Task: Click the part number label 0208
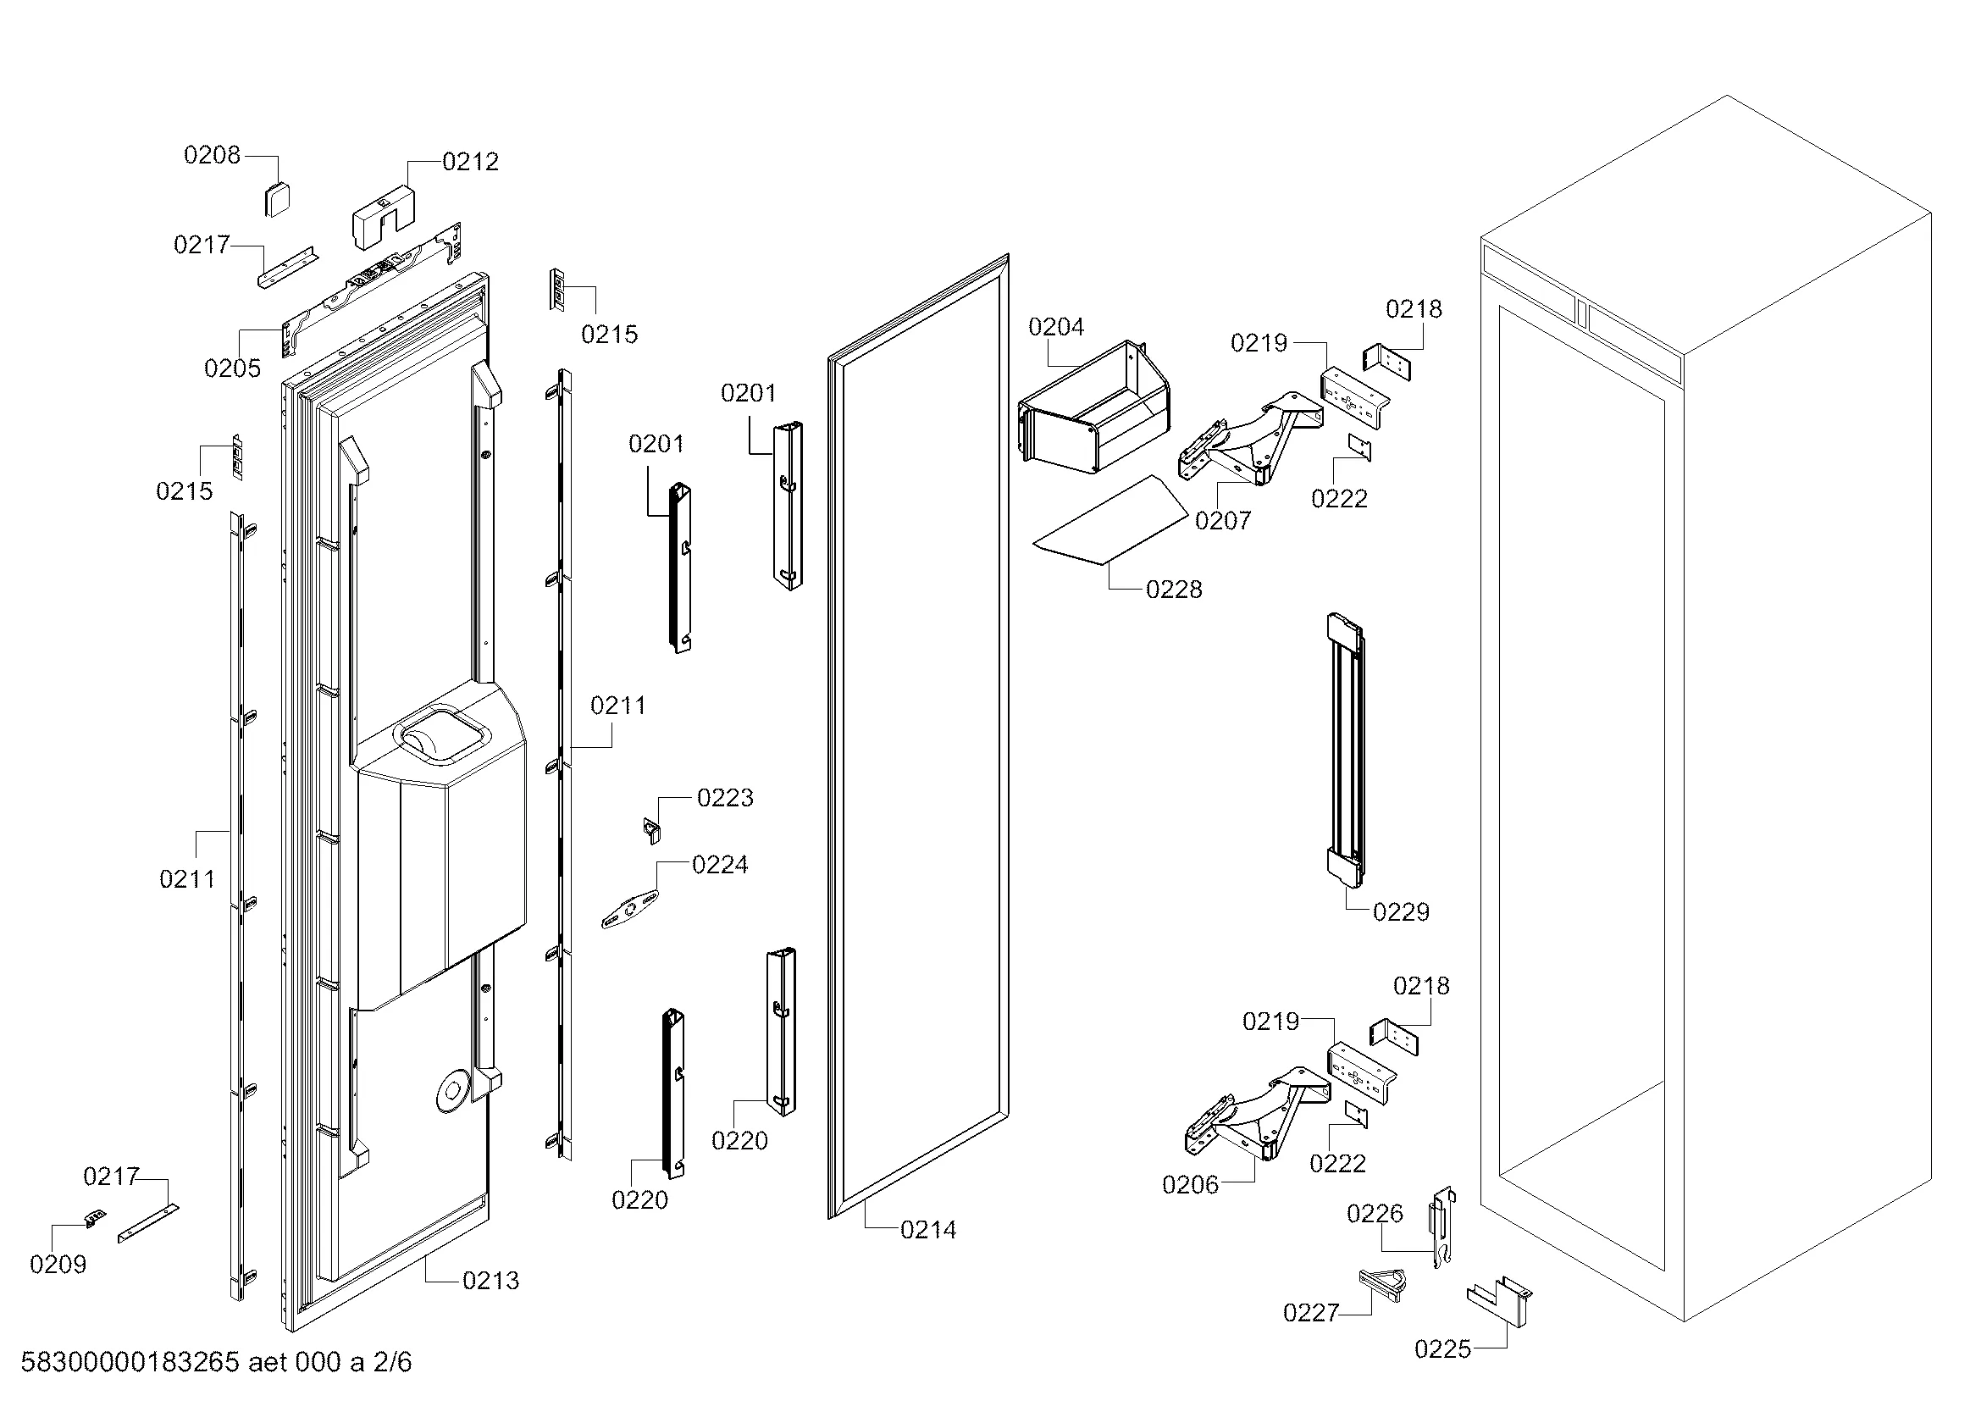(212, 155)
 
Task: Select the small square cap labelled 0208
(277, 200)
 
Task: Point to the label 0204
(1056, 327)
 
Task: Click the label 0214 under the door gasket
(928, 1230)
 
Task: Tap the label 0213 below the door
(491, 1280)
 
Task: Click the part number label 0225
(1442, 1348)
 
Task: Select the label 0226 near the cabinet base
(1375, 1214)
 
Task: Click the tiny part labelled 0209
(95, 1218)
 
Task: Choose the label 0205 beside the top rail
(232, 368)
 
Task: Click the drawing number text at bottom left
(216, 1362)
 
